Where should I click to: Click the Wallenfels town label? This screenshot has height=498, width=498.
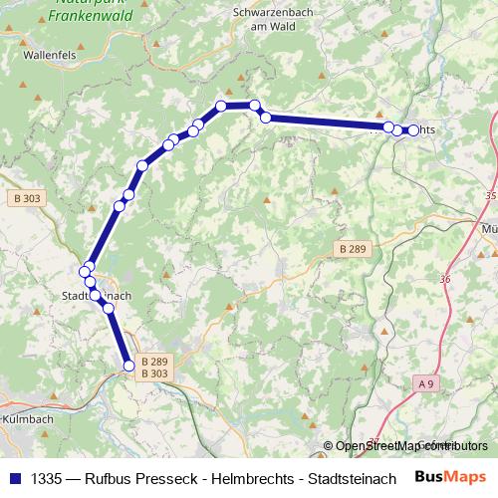pyautogui.click(x=48, y=57)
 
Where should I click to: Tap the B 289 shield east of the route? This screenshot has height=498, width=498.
pyautogui.click(x=353, y=247)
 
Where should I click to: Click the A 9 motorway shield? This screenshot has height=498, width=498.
pyautogui.click(x=427, y=383)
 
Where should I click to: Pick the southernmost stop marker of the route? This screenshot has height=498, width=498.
pyautogui.click(x=128, y=366)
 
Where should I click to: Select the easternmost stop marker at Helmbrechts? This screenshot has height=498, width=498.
pyautogui.click(x=413, y=129)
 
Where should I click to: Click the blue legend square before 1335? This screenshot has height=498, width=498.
pyautogui.click(x=14, y=477)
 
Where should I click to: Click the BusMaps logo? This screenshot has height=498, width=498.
pyautogui.click(x=450, y=477)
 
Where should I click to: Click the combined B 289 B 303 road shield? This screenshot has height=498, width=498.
pyautogui.click(x=154, y=367)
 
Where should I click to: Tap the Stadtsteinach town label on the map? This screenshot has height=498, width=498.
pyautogui.click(x=97, y=296)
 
